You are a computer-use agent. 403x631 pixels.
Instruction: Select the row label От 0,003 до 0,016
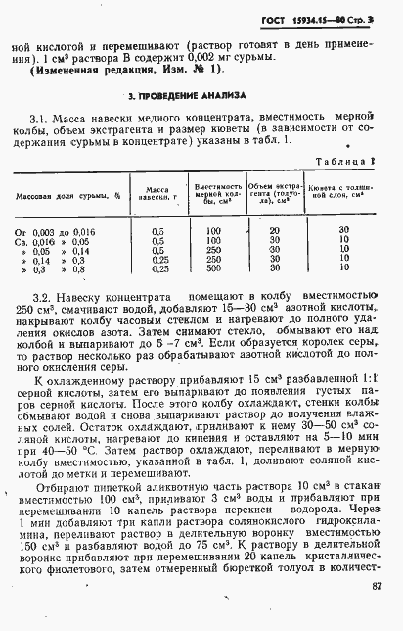pyautogui.click(x=60, y=230)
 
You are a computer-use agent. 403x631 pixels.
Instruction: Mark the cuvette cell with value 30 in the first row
pyautogui.click(x=343, y=230)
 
